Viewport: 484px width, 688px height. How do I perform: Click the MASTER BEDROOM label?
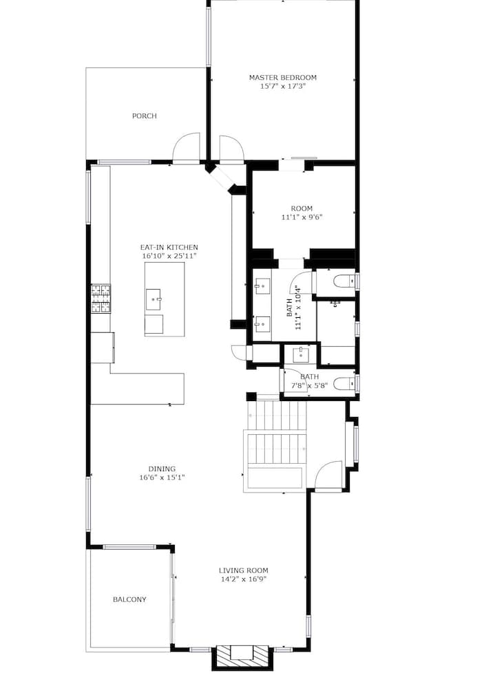pos(282,78)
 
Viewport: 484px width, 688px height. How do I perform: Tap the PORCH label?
pos(144,116)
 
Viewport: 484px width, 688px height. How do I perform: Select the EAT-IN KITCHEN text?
pos(169,248)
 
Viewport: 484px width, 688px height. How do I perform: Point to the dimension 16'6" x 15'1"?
pos(162,477)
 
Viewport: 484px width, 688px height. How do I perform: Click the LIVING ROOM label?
pos(243,570)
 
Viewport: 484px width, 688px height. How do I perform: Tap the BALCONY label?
pos(129,599)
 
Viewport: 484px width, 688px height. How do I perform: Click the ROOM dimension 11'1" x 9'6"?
pos(302,217)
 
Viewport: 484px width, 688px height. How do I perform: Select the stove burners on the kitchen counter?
pos(101,299)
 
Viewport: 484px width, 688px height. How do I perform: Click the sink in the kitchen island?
pos(154,299)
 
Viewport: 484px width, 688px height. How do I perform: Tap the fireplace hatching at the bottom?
pos(243,658)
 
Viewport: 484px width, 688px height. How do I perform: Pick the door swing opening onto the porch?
pos(186,148)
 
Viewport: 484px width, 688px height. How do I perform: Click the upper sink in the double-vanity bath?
pos(262,286)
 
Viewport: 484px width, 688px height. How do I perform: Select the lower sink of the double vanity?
pos(262,324)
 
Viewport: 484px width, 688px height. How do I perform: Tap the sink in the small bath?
pos(300,354)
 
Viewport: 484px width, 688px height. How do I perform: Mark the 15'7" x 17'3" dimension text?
pos(282,87)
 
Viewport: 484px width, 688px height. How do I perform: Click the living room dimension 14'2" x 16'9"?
pos(243,579)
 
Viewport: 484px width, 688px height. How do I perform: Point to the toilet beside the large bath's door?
pos(344,281)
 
